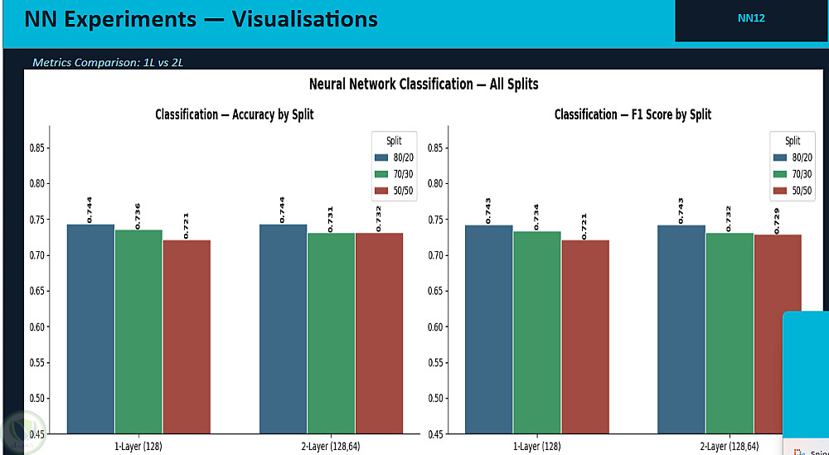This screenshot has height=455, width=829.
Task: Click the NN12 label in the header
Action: click(751, 17)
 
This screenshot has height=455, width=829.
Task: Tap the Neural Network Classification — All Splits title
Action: click(424, 84)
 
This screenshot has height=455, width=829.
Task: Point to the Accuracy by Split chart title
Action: click(235, 114)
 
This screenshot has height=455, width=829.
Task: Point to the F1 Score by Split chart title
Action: click(633, 114)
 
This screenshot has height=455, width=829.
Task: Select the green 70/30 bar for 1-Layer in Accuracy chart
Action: click(138, 331)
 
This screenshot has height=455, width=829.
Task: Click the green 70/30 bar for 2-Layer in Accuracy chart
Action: click(331, 332)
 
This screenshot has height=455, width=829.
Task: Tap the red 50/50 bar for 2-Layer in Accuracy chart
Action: click(379, 332)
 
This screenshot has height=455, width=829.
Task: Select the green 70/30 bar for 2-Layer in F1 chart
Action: click(729, 332)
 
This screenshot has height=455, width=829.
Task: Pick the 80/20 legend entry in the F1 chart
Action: click(793, 157)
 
